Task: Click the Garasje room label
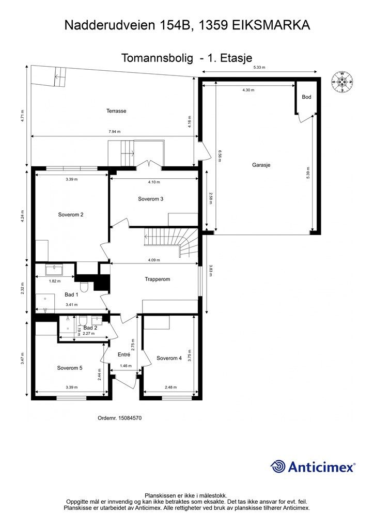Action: tap(261, 165)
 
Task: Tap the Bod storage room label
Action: tap(306, 97)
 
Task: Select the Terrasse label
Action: tap(116, 111)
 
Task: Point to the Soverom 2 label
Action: tap(70, 214)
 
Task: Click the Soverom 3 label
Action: tap(150, 199)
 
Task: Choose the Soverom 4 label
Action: tap(169, 359)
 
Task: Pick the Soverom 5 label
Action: tap(69, 368)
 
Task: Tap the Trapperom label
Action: tap(157, 279)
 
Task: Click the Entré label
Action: tap(124, 354)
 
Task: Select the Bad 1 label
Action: tap(71, 294)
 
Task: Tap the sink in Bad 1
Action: tap(53, 270)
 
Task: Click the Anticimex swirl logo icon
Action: tap(278, 466)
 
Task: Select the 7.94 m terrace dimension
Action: tap(114, 132)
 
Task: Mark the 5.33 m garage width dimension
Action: tap(259, 68)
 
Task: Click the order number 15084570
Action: tap(130, 418)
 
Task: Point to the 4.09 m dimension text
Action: tap(154, 260)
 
